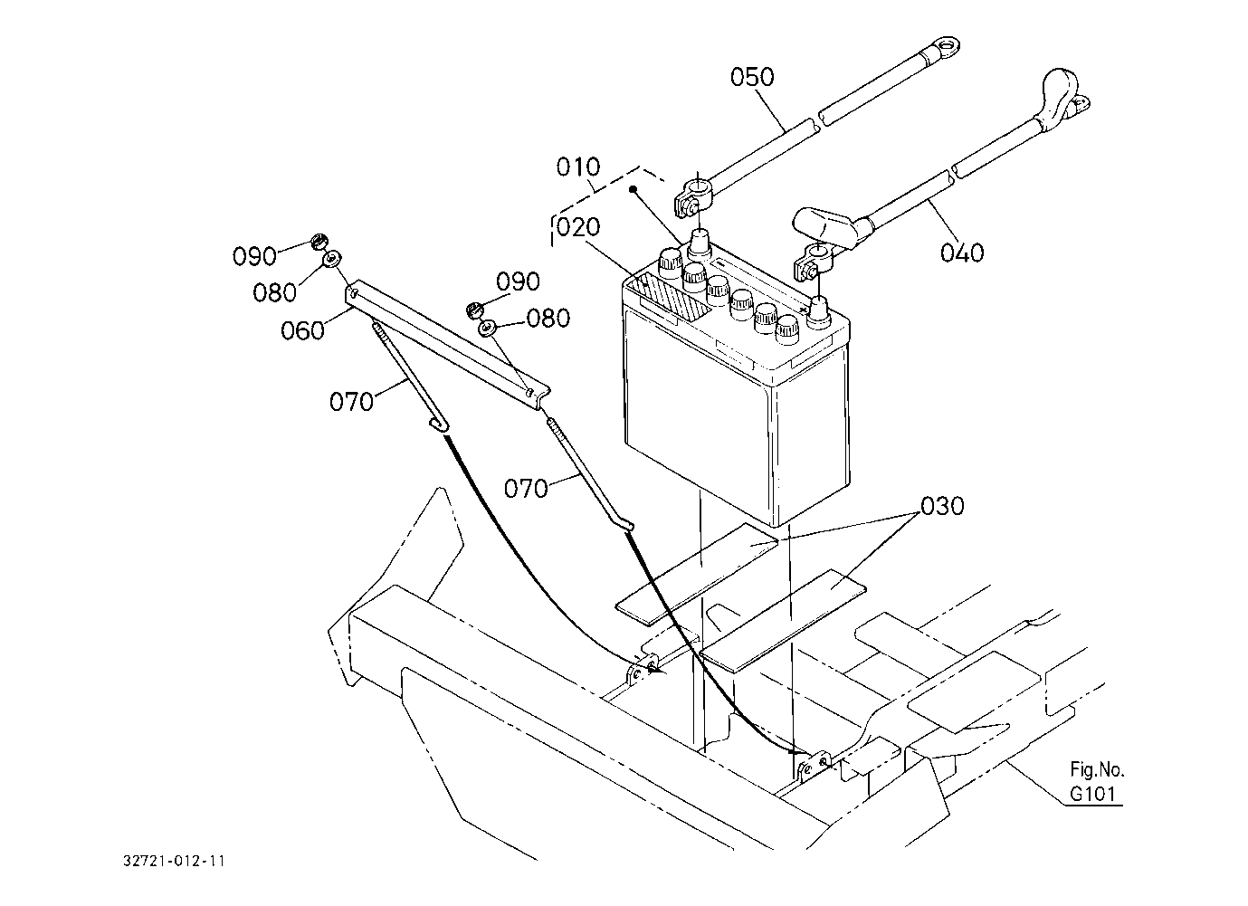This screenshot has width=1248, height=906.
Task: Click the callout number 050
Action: click(752, 78)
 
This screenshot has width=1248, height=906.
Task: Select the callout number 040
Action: click(962, 253)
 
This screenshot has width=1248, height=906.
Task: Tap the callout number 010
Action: click(578, 167)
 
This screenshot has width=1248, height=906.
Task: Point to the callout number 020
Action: click(578, 227)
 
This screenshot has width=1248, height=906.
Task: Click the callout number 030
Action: click(942, 506)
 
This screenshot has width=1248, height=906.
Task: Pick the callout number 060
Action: click(302, 330)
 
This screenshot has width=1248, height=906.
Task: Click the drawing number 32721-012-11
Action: click(174, 861)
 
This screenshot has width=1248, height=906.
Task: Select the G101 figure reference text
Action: click(1093, 794)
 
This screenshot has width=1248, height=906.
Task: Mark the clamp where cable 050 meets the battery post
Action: click(691, 201)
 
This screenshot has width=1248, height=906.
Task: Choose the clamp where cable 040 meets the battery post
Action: click(814, 262)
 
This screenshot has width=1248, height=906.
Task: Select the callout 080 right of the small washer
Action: click(548, 319)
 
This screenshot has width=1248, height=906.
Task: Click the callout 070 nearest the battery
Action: click(526, 488)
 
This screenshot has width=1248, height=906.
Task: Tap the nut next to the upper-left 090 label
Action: click(319, 243)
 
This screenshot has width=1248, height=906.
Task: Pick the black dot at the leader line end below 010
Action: click(633, 190)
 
